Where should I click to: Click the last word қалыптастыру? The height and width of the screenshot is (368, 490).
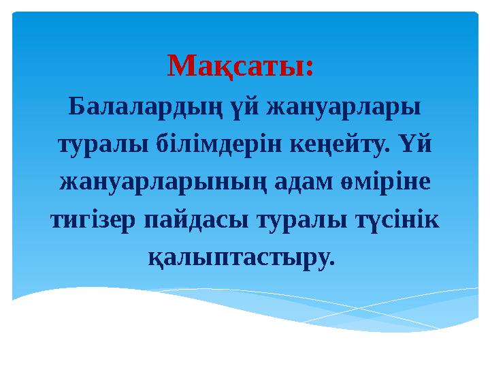click(x=240, y=258)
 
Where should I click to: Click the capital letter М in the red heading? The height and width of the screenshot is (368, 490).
click(x=179, y=66)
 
